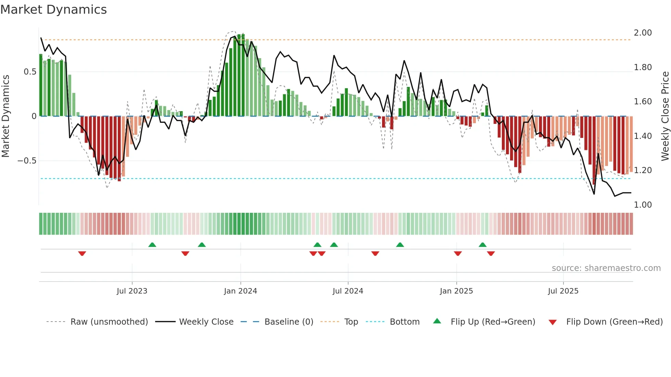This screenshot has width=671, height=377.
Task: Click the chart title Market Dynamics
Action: pos(53,10)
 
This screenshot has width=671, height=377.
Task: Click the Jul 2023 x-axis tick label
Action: pos(132,291)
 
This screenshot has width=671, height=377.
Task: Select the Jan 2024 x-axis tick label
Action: pos(240,291)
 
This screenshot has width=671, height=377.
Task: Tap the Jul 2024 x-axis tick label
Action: pos(348,291)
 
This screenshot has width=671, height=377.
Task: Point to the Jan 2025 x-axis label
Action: pos(456,291)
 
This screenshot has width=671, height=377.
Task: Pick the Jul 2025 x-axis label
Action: pos(563,291)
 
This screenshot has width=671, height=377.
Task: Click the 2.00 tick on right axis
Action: pos(643,33)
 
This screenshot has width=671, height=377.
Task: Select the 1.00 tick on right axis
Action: pos(643,205)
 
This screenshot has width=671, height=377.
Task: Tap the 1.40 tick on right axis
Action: pos(643,136)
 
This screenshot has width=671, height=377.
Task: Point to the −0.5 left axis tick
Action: pos(27,161)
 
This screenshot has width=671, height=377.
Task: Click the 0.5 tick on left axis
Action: pos(30,72)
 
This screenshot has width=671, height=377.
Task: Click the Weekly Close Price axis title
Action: pos(665,116)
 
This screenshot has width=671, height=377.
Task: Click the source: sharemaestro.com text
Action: pos(606,268)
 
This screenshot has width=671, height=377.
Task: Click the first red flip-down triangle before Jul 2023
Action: pos(82,253)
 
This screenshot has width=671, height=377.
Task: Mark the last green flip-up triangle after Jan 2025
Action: pos(482,245)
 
